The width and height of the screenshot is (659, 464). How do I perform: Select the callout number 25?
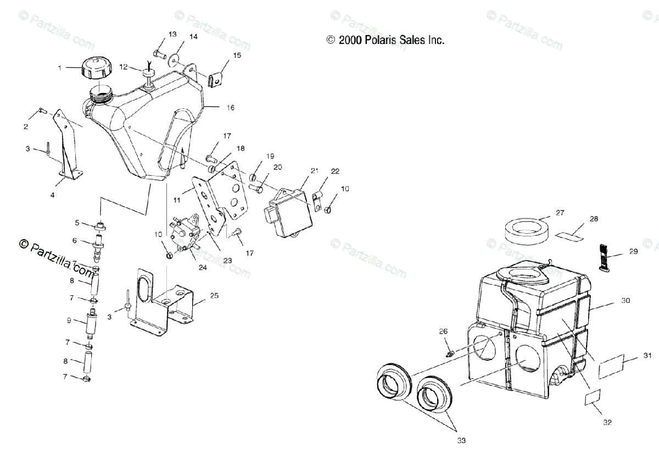[214, 296]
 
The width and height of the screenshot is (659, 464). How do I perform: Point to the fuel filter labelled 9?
[92, 323]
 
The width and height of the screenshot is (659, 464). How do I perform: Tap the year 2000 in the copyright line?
[349, 40]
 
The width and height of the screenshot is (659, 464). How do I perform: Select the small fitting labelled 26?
[448, 349]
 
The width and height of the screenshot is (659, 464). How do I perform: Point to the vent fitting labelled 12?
[149, 76]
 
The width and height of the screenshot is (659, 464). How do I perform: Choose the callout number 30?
[626, 301]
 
